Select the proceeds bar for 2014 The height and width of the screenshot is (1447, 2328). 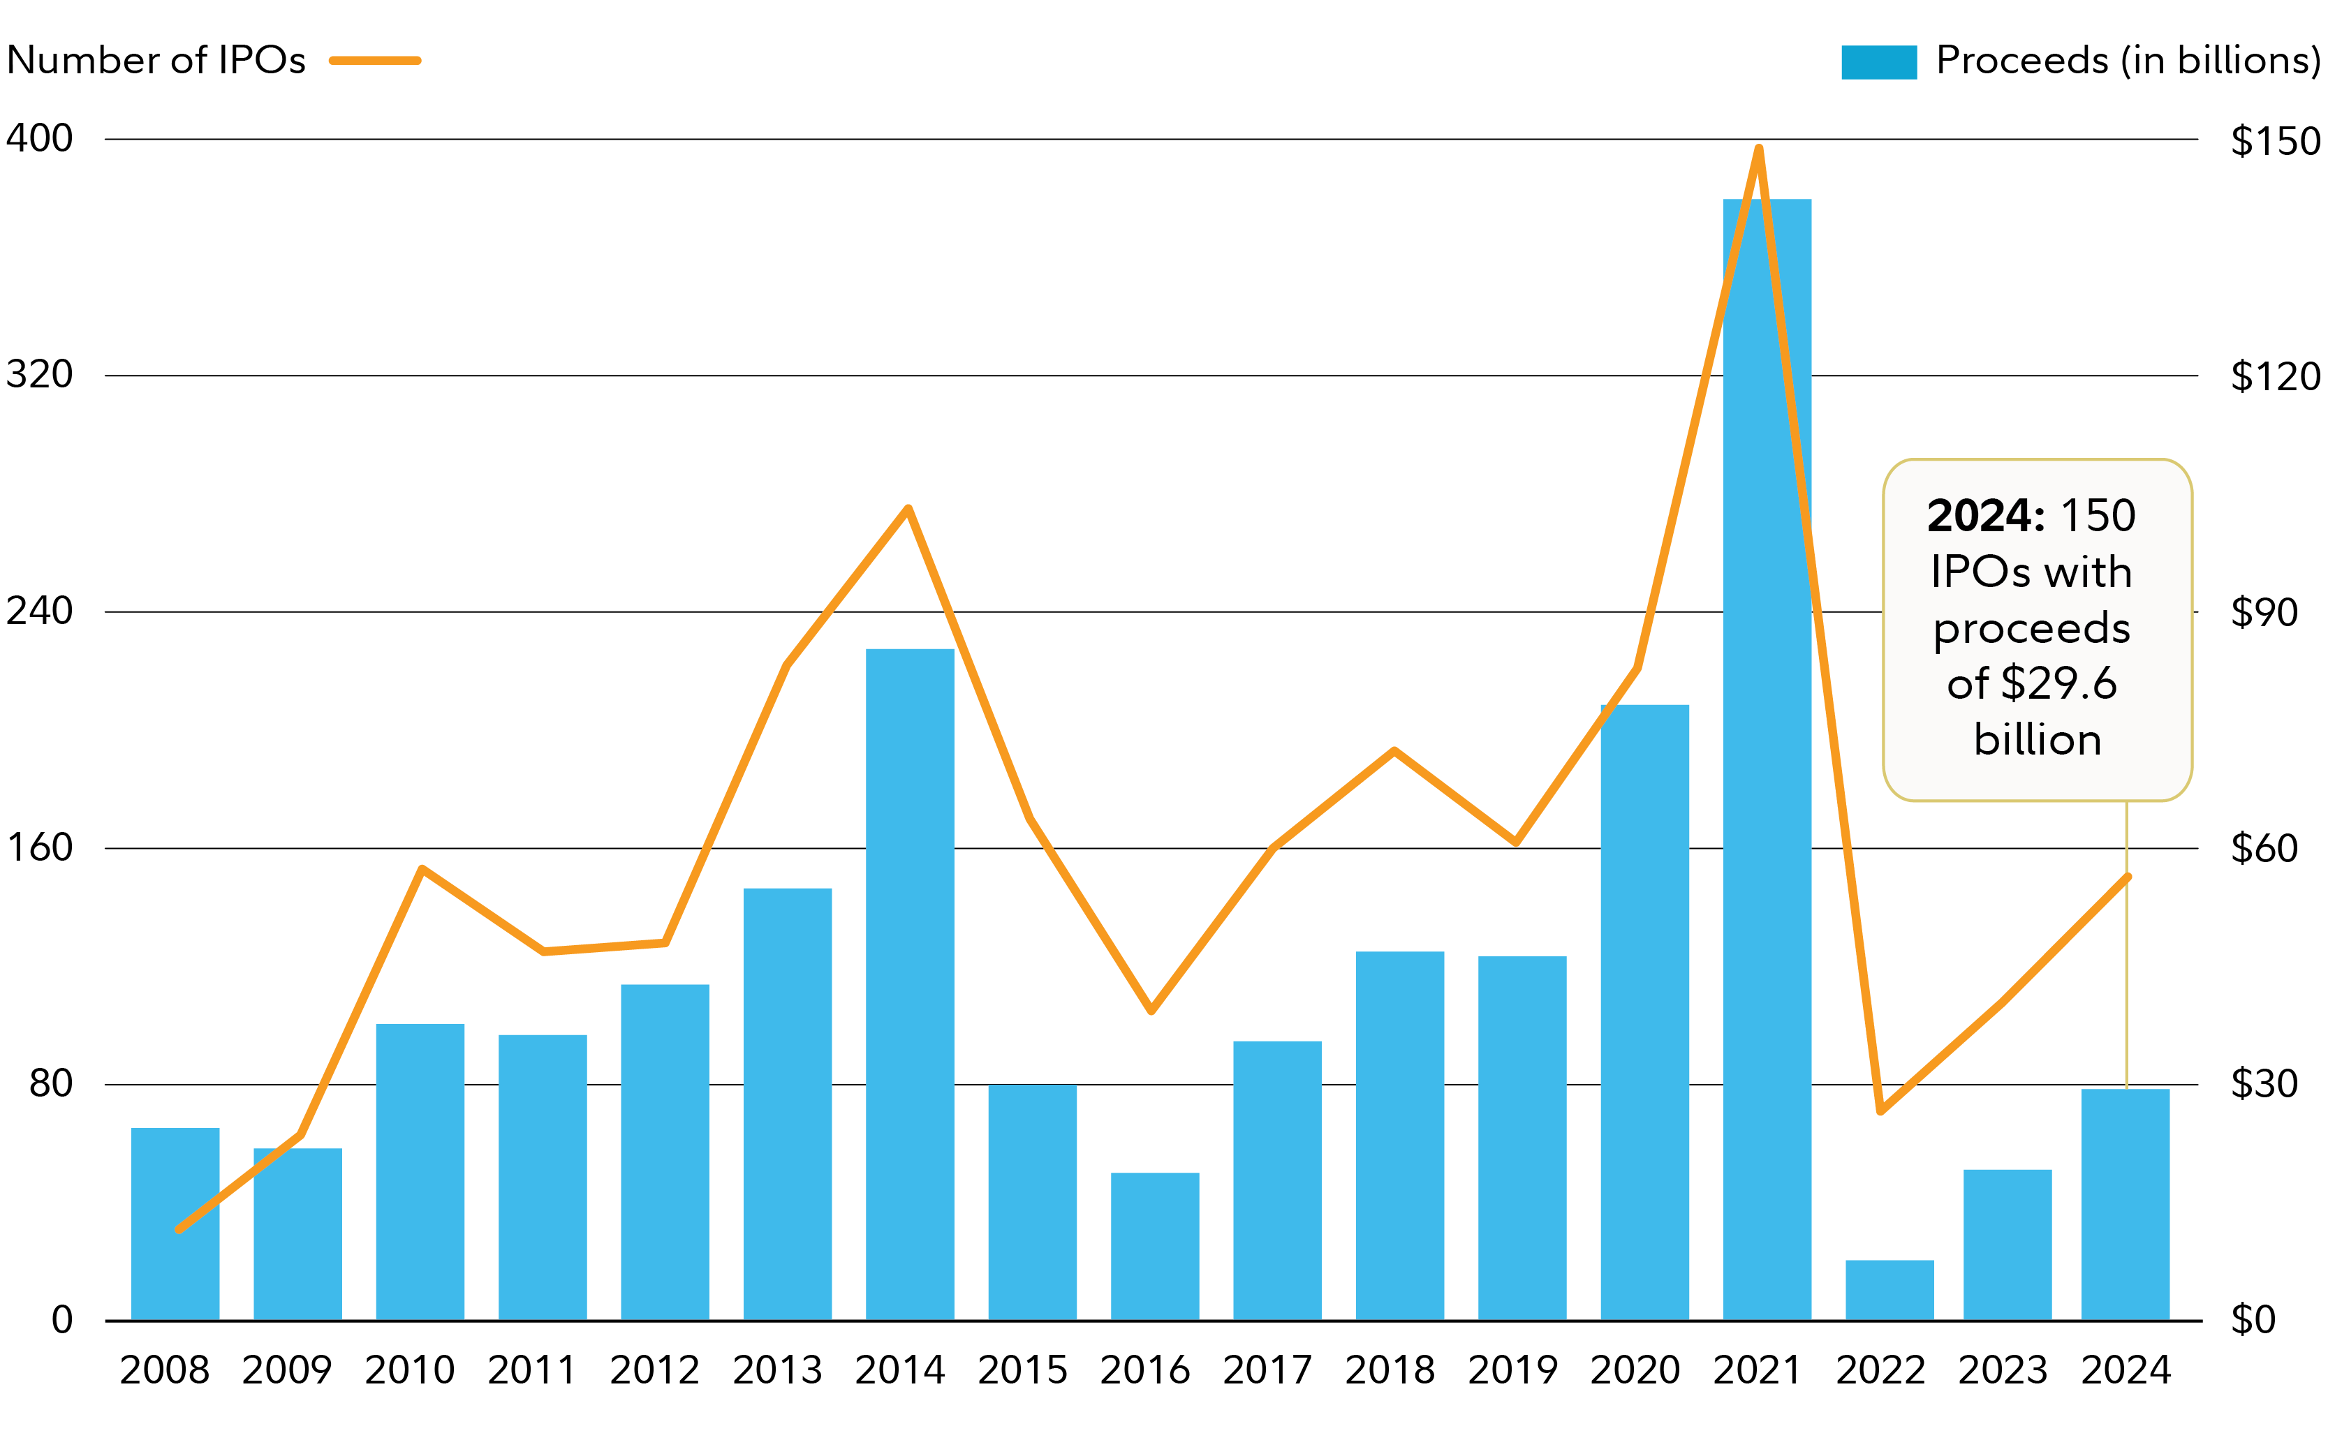pyautogui.click(x=909, y=986)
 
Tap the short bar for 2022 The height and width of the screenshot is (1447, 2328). pyautogui.click(x=1889, y=1291)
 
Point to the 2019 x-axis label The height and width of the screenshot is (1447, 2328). pyautogui.click(x=1512, y=1370)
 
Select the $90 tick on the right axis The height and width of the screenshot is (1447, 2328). pyautogui.click(x=2264, y=612)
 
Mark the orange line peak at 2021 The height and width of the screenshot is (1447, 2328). pyautogui.click(x=1758, y=149)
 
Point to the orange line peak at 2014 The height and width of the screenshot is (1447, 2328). pyautogui.click(x=908, y=508)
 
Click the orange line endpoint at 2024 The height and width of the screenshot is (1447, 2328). pyautogui.click(x=2127, y=877)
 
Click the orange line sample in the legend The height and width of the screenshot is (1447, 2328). pyautogui.click(x=375, y=60)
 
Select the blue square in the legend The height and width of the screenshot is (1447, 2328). pyautogui.click(x=1878, y=62)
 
